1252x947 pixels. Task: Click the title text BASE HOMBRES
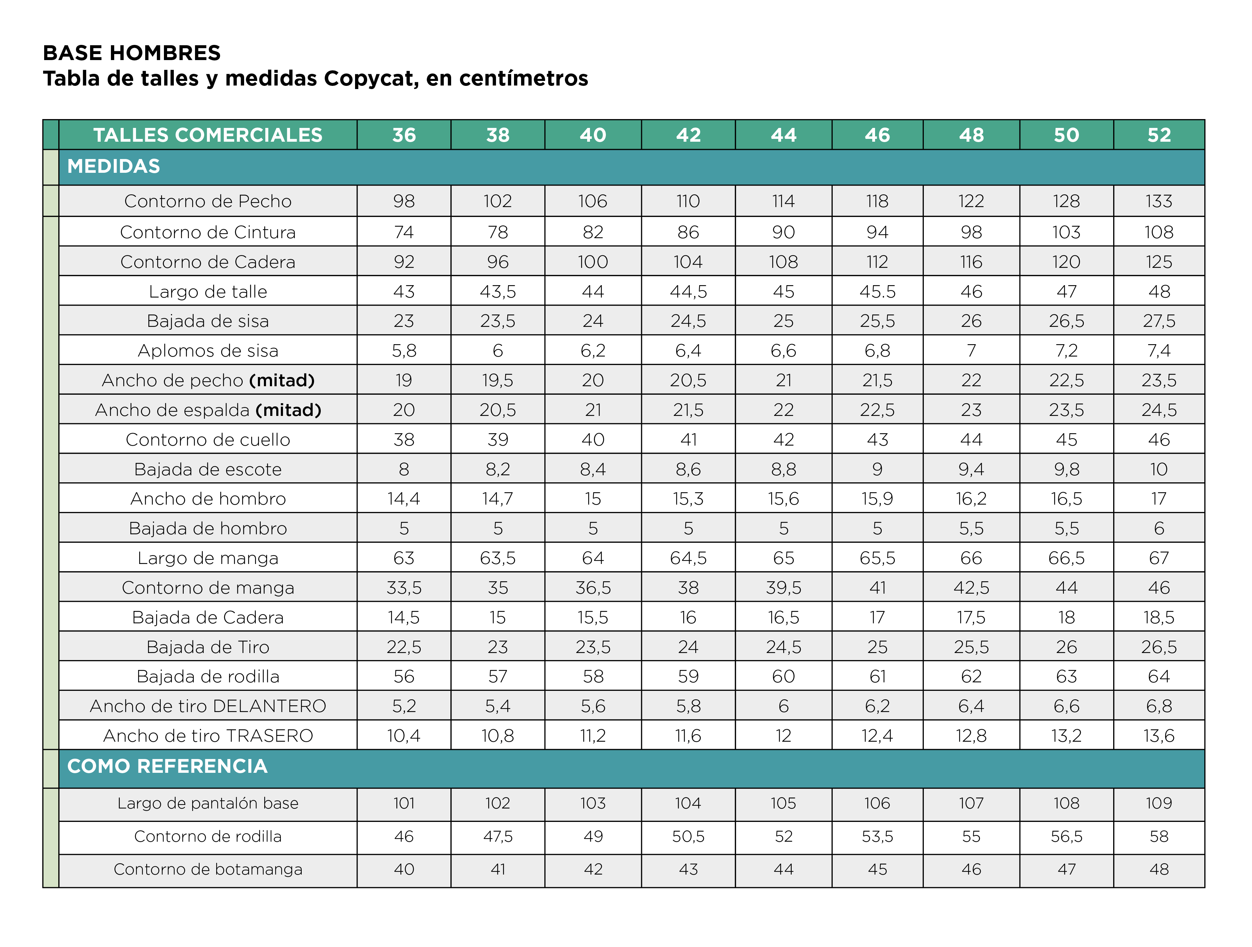(131, 53)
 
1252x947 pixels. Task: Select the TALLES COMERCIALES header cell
(208, 135)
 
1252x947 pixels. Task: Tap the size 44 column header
(783, 135)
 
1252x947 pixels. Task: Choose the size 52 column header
(1159, 135)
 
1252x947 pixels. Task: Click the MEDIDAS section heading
(114, 166)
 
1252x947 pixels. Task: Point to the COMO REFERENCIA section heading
(167, 766)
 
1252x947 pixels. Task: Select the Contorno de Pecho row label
(208, 201)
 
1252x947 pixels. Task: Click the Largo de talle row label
(208, 292)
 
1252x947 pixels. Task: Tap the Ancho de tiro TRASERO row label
(208, 736)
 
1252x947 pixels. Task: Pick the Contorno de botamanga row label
(208, 870)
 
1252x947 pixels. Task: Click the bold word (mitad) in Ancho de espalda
(288, 410)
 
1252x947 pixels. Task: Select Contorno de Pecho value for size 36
(403, 201)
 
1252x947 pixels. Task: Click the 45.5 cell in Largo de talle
(877, 292)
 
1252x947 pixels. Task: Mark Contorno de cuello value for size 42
(688, 440)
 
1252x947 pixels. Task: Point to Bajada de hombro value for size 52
(1159, 529)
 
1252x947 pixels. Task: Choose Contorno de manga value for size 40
(592, 588)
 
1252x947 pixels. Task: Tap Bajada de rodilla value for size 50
(1066, 677)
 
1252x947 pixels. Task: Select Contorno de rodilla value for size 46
(877, 837)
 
